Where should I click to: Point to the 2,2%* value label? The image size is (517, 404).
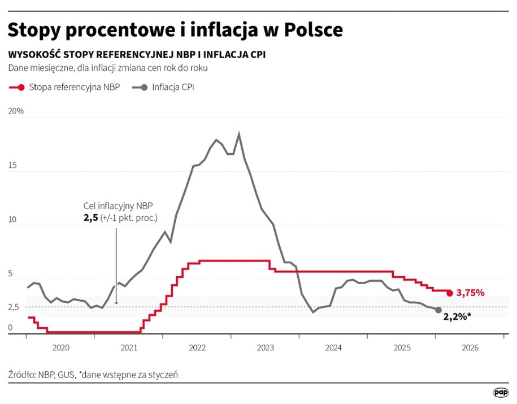(x=457, y=317)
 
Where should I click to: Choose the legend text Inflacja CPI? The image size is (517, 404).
(x=173, y=88)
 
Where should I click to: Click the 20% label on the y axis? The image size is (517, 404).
(x=16, y=111)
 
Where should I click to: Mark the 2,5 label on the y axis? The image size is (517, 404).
(x=14, y=307)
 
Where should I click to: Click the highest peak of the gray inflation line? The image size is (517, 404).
(x=240, y=134)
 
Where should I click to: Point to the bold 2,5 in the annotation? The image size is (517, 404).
(x=90, y=218)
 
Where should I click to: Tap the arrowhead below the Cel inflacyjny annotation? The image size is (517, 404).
(x=116, y=303)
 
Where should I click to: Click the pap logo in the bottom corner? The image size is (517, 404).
(x=500, y=392)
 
